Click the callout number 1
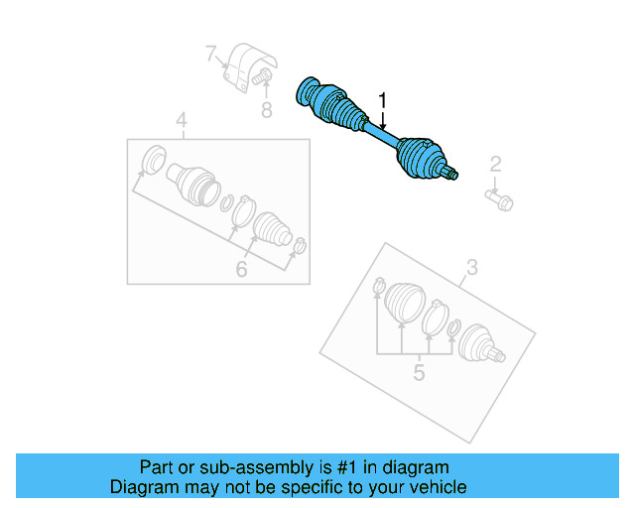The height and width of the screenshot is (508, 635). click(382, 100)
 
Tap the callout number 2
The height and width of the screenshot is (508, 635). click(495, 165)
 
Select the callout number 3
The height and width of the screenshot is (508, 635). click(472, 266)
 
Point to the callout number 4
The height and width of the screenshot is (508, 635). click(182, 121)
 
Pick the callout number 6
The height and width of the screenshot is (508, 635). click(240, 268)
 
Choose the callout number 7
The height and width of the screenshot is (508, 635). click(211, 53)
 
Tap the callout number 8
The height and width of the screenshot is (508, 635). click(266, 110)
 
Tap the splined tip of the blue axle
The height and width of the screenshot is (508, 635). click(452, 177)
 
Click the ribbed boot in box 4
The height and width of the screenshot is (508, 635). click(269, 229)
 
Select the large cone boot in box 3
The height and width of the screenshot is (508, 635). click(403, 303)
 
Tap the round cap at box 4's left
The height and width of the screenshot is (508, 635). click(154, 160)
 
